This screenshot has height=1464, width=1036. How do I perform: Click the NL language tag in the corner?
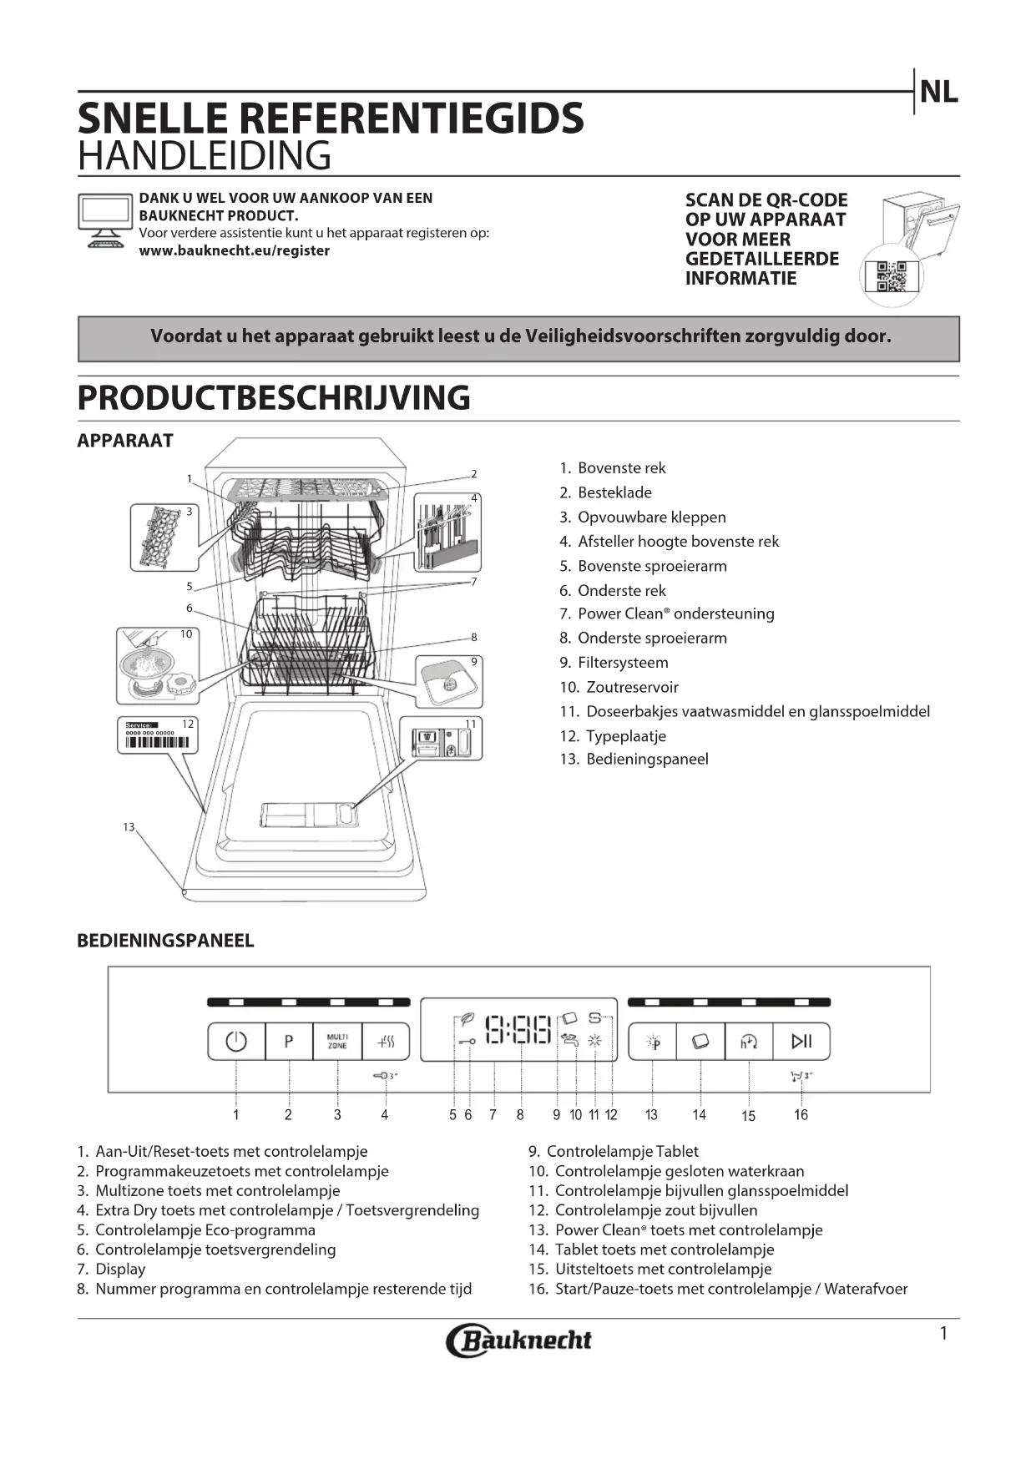tap(938, 93)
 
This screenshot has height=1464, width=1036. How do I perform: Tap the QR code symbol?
tap(891, 276)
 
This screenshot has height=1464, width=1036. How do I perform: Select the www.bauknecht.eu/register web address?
tap(234, 250)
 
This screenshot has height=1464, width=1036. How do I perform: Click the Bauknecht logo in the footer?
tap(518, 1340)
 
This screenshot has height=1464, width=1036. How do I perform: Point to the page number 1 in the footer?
tap(943, 1334)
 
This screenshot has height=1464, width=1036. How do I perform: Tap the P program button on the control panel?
tap(289, 1042)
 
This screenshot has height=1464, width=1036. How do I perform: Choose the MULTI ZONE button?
tap(337, 1042)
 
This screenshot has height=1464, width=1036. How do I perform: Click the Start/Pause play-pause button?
tap(801, 1041)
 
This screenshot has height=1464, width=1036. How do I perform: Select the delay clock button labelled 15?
tap(749, 1041)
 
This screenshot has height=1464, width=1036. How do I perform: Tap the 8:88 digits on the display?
tap(518, 1030)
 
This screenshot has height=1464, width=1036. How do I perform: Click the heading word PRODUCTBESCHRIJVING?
tap(274, 398)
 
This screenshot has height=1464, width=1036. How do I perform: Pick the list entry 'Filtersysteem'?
tap(623, 663)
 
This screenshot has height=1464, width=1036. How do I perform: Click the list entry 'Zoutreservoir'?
tap(632, 687)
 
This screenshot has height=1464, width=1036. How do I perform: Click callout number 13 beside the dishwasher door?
tap(129, 827)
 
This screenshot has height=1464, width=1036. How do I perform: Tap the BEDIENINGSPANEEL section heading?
tap(165, 941)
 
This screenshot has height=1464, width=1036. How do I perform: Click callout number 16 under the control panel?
tap(801, 1115)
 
